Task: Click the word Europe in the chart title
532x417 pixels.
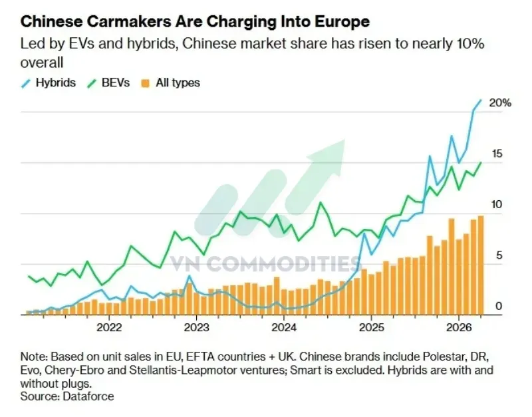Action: [x=342, y=22]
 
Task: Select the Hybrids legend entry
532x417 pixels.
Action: [x=48, y=82]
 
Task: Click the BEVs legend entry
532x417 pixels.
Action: [x=108, y=82]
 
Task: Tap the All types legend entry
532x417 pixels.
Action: [x=170, y=82]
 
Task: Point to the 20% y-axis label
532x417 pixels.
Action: [x=500, y=103]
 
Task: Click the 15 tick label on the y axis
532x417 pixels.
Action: [x=497, y=154]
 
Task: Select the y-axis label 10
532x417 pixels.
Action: [x=497, y=205]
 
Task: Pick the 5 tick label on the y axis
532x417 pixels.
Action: [x=499, y=255]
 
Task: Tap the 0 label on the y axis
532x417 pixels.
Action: [x=499, y=306]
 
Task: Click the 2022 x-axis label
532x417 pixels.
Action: [x=109, y=327]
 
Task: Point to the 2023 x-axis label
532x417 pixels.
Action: [x=197, y=327]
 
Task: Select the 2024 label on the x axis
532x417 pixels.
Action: [x=284, y=327]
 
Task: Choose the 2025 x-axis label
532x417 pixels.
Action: [x=372, y=327]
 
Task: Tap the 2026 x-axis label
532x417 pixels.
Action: [x=459, y=327]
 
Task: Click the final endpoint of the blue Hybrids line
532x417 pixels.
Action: [x=481, y=100]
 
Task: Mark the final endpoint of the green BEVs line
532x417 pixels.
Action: [x=481, y=162]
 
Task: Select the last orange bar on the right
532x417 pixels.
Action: [x=481, y=265]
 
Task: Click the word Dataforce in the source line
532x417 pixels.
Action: [x=88, y=396]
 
